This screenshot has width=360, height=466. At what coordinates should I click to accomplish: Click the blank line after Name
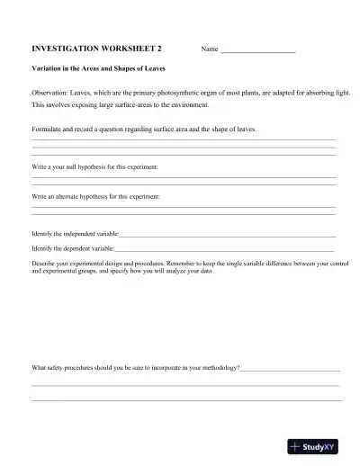(x=257, y=50)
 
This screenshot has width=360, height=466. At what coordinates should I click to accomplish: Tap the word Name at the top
(x=210, y=49)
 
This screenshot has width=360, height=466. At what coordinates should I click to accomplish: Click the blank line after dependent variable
(x=224, y=246)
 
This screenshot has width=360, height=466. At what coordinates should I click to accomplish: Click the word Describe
(x=45, y=263)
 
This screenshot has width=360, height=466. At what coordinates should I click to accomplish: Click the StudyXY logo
(x=311, y=445)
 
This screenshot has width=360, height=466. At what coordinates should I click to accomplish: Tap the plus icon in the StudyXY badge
(x=294, y=445)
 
